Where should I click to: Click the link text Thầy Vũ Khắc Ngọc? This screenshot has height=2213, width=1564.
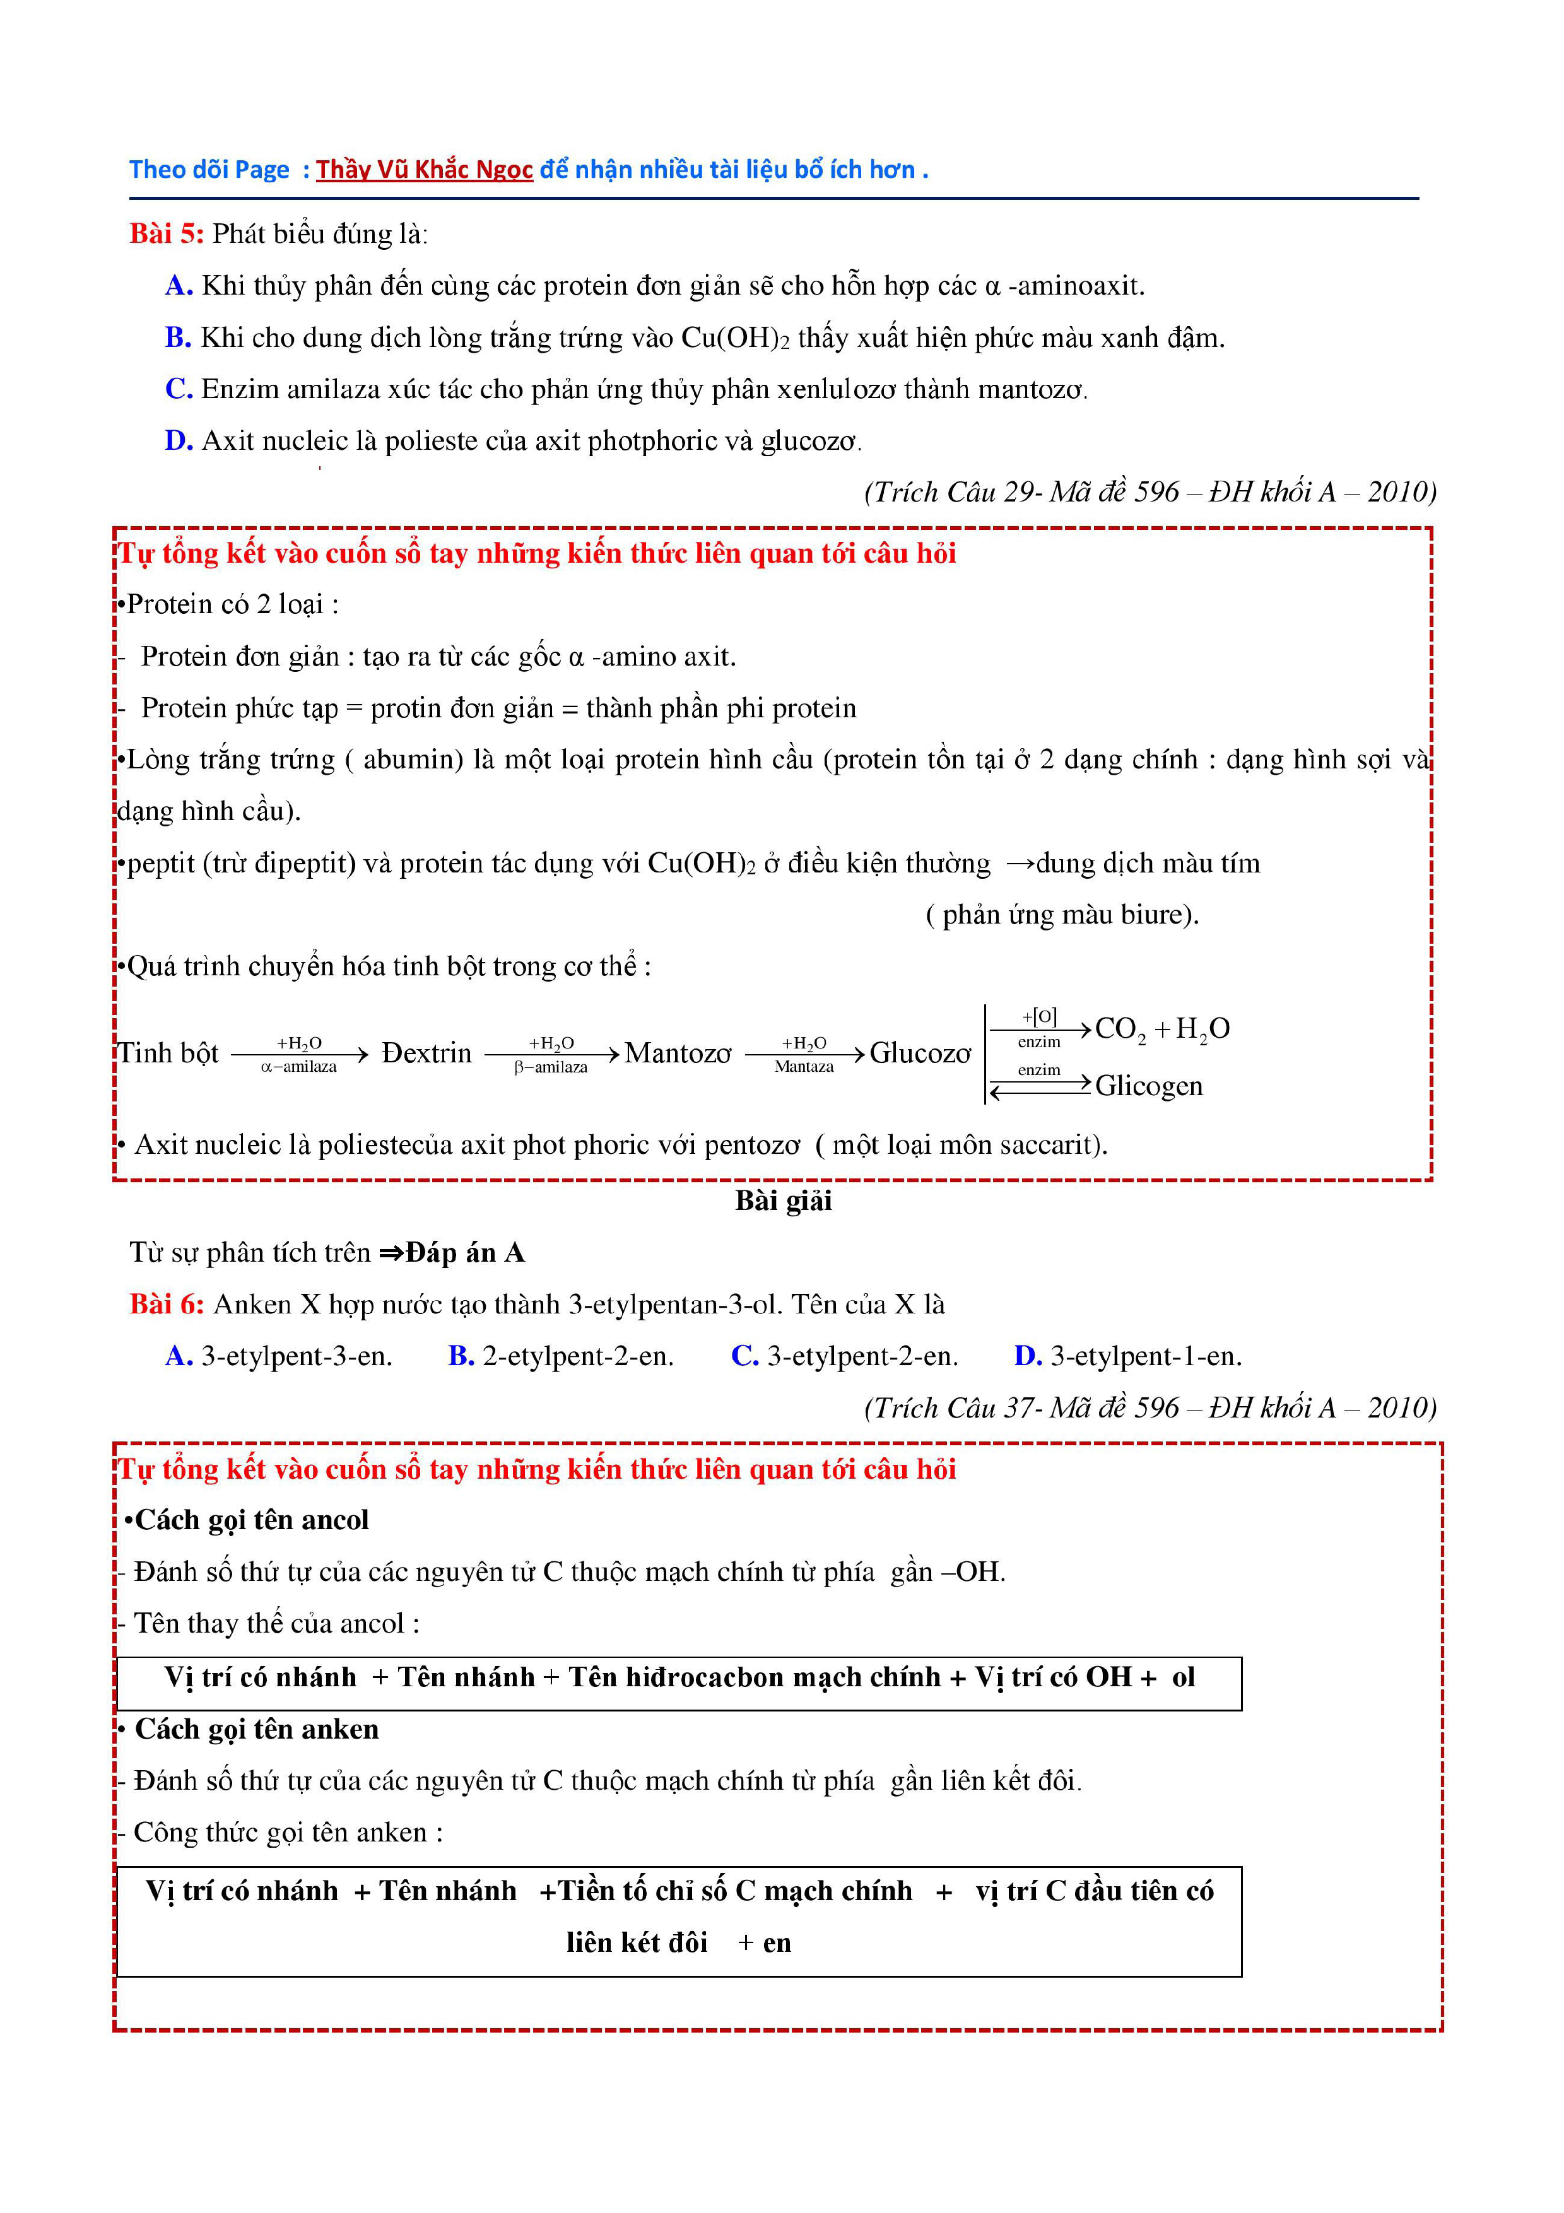(x=424, y=170)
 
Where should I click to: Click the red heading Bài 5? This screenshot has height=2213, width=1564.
(x=166, y=233)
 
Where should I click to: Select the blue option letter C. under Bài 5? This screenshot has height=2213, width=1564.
(x=179, y=389)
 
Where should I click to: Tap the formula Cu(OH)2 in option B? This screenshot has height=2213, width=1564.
(x=734, y=338)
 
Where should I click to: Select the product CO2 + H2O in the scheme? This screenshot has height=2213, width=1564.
(x=1162, y=1030)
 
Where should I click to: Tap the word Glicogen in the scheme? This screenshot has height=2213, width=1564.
(x=1149, y=1086)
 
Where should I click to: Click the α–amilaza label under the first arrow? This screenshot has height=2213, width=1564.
(x=298, y=1067)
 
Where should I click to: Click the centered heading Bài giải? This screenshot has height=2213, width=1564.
(x=782, y=1201)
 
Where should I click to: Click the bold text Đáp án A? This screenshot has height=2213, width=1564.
(x=464, y=1253)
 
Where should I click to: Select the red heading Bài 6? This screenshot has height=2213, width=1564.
(x=167, y=1305)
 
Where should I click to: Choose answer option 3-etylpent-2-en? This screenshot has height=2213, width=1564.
(x=862, y=1356)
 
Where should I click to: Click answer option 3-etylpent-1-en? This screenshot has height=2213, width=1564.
(x=1146, y=1356)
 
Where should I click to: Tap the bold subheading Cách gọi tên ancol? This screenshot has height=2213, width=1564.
(x=252, y=1520)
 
